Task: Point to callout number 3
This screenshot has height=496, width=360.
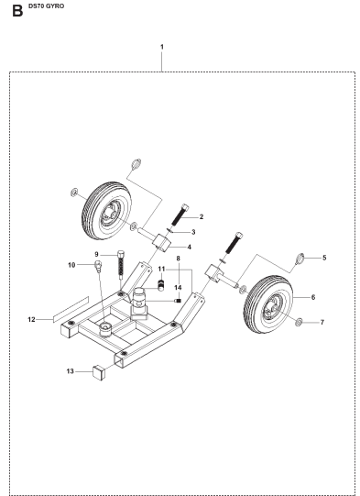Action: pyautogui.click(x=192, y=232)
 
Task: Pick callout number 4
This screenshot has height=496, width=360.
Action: pyautogui.click(x=190, y=247)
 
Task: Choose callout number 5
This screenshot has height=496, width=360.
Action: pyautogui.click(x=322, y=259)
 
